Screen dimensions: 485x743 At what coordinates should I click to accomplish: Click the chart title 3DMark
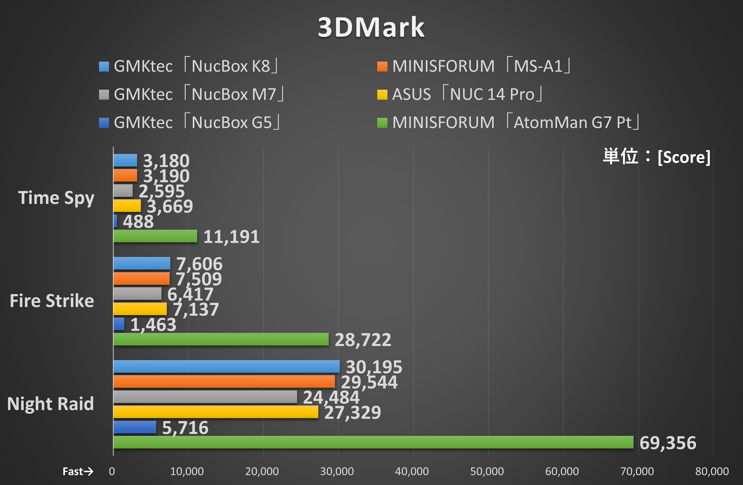point(371,27)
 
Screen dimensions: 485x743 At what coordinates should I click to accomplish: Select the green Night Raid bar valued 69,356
point(373,442)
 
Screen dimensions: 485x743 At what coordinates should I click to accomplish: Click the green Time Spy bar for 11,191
point(155,236)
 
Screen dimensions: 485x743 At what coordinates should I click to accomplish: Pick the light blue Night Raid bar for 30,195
point(226,366)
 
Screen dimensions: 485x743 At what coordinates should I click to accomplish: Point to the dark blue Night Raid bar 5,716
point(134,427)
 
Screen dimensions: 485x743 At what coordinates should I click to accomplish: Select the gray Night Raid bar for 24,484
point(205,397)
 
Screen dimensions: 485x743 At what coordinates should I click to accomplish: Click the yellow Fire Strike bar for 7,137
point(140,309)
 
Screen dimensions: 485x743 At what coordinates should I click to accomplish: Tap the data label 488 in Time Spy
point(138,222)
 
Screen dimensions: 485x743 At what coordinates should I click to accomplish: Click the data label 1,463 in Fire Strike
point(153,325)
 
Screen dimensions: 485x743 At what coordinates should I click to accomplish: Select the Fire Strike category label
point(52,301)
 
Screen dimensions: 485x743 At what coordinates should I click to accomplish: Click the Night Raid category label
point(50,404)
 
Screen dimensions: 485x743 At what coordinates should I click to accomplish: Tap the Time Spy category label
point(56,198)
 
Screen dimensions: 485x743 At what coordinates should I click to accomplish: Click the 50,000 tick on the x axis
point(487,471)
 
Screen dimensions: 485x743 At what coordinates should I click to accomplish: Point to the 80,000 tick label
point(712,471)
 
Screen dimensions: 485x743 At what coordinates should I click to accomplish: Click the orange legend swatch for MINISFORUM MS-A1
point(382,66)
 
